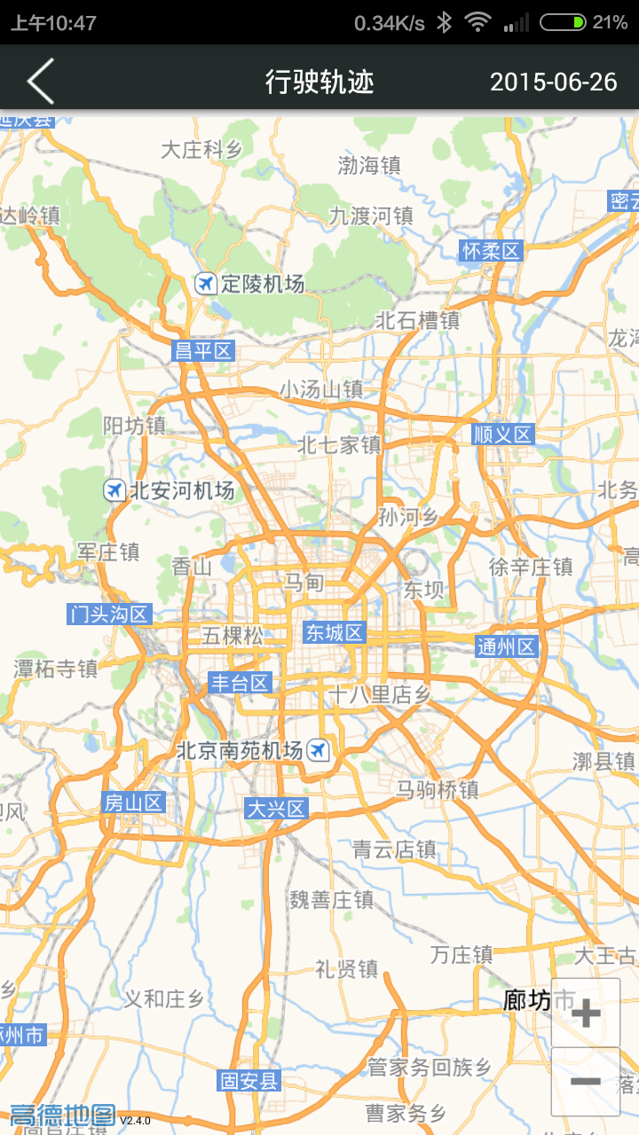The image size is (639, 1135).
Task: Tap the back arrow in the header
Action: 41,82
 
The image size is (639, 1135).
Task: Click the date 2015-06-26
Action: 553,82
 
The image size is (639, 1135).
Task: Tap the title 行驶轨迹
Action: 319,82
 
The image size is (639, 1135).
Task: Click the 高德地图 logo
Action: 63,1115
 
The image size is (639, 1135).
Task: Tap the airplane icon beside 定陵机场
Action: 206,284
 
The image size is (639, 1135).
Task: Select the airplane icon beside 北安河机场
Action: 114,489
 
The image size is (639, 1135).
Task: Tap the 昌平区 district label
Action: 202,351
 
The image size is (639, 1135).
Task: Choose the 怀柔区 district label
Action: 491,251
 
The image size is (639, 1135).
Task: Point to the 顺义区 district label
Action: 502,434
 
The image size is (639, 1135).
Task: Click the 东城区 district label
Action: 335,632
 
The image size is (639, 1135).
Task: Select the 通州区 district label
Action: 507,646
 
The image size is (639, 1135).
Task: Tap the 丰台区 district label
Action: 239,683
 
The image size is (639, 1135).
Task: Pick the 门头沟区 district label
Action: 110,614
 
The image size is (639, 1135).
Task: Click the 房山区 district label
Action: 133,802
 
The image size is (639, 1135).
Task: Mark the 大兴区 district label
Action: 276,809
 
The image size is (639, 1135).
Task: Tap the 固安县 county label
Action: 249,1080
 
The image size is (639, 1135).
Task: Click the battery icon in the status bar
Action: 563,22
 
